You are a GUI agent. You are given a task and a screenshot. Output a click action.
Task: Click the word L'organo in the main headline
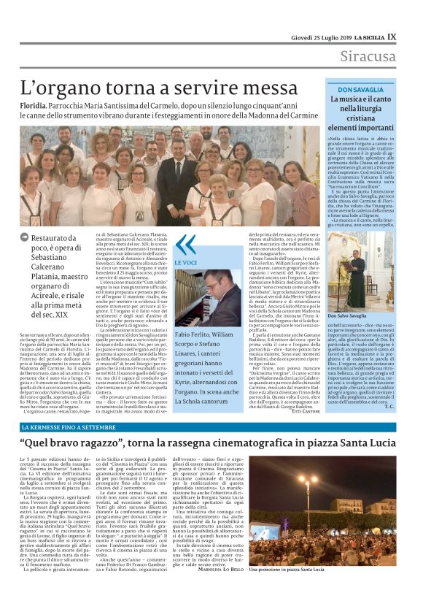tap(61, 89)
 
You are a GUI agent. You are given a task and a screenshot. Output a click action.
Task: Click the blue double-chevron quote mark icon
tap(186, 244)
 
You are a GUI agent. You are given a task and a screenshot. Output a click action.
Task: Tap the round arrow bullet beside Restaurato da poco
tap(26, 238)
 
